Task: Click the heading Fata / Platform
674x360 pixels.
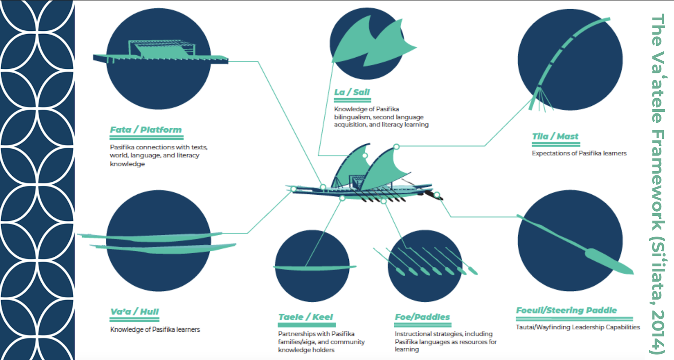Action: point(146,130)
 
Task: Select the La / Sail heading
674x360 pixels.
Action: point(352,92)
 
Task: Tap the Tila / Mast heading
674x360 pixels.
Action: point(555,137)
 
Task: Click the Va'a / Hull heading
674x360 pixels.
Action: point(134,312)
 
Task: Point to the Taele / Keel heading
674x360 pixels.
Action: point(305,317)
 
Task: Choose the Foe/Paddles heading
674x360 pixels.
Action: point(422,317)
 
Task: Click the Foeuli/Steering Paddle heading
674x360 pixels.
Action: point(566,311)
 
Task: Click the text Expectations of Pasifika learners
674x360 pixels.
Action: point(579,153)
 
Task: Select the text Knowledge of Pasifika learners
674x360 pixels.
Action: point(155,330)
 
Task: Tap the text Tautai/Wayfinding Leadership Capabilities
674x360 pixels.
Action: point(578,327)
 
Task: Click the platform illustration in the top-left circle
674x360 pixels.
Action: point(160,53)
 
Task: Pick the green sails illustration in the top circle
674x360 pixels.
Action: point(371,42)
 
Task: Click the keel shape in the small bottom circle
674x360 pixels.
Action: point(314,267)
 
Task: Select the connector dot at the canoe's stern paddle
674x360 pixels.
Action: point(437,195)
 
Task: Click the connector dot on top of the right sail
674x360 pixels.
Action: point(396,147)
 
